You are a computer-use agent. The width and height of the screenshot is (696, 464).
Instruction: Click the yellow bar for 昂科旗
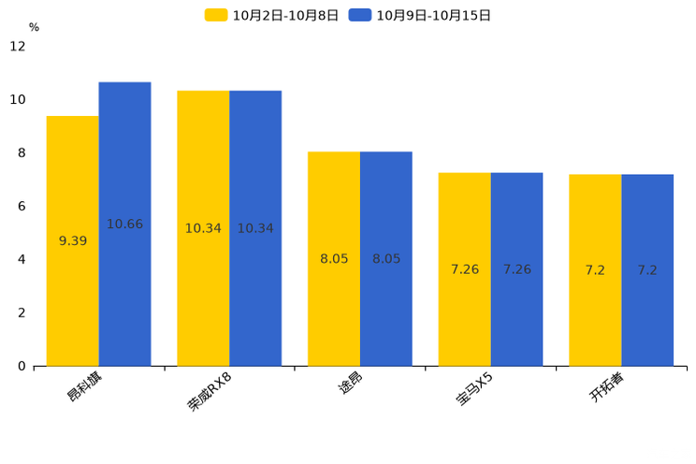pos(73,241)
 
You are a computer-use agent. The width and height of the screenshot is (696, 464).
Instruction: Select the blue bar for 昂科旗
pos(124,225)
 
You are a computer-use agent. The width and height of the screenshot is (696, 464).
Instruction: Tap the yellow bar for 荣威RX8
pos(203,228)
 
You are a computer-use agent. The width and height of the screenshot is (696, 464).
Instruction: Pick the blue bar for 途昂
pos(386,259)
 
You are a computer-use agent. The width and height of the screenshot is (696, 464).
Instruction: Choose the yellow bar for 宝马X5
pos(465,269)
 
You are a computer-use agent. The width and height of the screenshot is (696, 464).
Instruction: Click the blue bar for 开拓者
pos(647,270)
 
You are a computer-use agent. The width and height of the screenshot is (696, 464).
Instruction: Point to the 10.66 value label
pos(124,225)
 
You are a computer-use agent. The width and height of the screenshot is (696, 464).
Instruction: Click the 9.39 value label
pos(73,241)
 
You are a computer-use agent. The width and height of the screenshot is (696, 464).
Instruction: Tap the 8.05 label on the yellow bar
pos(334,259)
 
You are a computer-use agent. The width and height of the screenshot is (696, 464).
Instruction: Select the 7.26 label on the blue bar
pos(517,269)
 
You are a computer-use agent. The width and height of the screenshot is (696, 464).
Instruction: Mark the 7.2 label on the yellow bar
pos(595,270)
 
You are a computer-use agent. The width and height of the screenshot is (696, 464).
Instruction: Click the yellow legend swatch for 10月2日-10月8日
pos(216,15)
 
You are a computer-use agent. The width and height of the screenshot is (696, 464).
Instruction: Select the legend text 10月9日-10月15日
pos(433,16)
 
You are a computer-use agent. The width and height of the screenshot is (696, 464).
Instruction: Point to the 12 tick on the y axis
pos(18,46)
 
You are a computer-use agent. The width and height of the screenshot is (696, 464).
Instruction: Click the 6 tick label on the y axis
pos(22,206)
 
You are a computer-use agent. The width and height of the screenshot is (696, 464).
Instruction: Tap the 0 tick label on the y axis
pos(22,367)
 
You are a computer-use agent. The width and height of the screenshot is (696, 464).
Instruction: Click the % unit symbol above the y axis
pos(35,27)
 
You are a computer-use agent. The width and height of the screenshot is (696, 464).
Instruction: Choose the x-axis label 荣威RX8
pos(210,392)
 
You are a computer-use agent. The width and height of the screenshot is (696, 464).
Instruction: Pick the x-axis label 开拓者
pos(607,386)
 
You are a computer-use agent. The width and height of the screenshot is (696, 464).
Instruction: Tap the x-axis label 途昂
pos(351,383)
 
